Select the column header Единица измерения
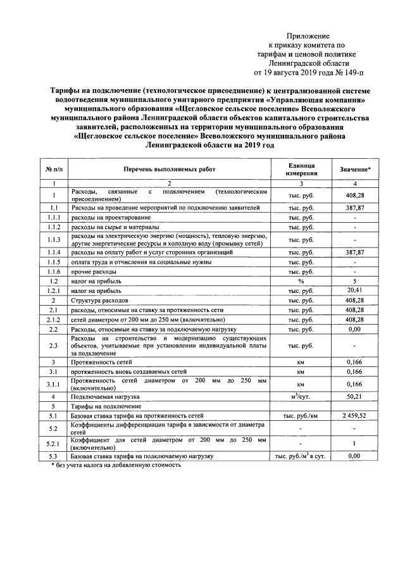coord(301,169)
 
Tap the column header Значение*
coord(355,170)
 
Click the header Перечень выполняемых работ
coord(169,170)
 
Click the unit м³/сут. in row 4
coord(301,396)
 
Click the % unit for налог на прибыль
coord(301,280)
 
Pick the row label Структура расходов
coord(100,300)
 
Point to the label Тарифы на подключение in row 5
coord(106,406)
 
